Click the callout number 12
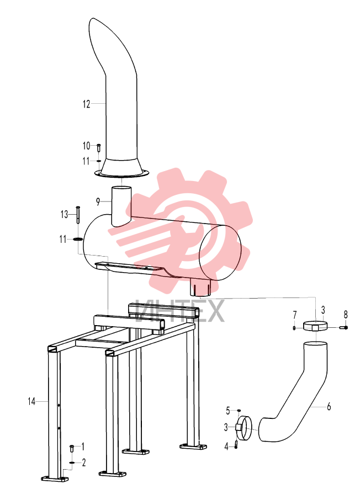tap(87, 104)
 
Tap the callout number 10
tap(87, 146)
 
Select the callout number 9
tap(98, 202)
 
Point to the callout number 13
tap(64, 215)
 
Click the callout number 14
tap(31, 401)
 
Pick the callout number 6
tap(329, 406)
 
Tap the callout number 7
tap(295, 315)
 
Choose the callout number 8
tap(346, 315)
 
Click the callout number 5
tap(227, 411)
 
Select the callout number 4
tap(226, 447)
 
